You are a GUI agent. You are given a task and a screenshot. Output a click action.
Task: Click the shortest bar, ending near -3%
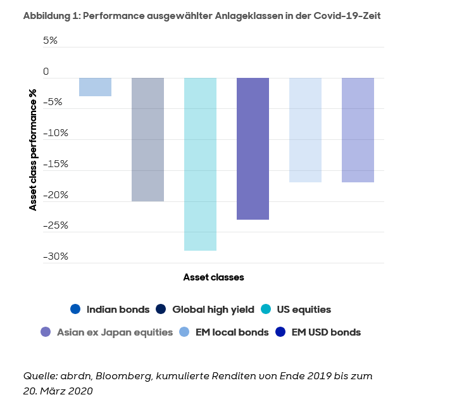point(95,87)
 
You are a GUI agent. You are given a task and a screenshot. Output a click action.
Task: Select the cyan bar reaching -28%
point(200,164)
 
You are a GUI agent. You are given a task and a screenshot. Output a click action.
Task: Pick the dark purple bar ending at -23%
point(253,149)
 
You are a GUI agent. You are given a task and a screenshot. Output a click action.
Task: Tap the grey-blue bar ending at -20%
point(147,139)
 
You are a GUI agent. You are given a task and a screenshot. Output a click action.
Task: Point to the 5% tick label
point(50,41)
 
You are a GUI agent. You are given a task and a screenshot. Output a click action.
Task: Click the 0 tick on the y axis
point(46,72)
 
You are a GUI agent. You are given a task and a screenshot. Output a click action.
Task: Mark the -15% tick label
point(54,164)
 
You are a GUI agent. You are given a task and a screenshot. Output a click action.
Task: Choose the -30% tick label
point(54,256)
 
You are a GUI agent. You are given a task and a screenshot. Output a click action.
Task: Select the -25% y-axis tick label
point(54,225)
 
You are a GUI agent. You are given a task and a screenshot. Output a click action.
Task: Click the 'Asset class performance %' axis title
point(33,149)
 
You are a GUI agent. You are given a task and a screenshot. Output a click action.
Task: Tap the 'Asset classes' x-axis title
point(213,277)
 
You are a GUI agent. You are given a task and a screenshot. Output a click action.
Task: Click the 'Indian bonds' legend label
point(118,310)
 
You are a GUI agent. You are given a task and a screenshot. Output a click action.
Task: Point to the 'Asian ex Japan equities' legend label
point(115,332)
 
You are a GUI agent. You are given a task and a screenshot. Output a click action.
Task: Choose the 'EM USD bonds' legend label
point(326,332)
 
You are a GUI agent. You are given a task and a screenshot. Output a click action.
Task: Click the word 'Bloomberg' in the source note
point(122,376)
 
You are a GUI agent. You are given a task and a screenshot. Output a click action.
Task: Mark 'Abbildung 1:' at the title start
point(50,15)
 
